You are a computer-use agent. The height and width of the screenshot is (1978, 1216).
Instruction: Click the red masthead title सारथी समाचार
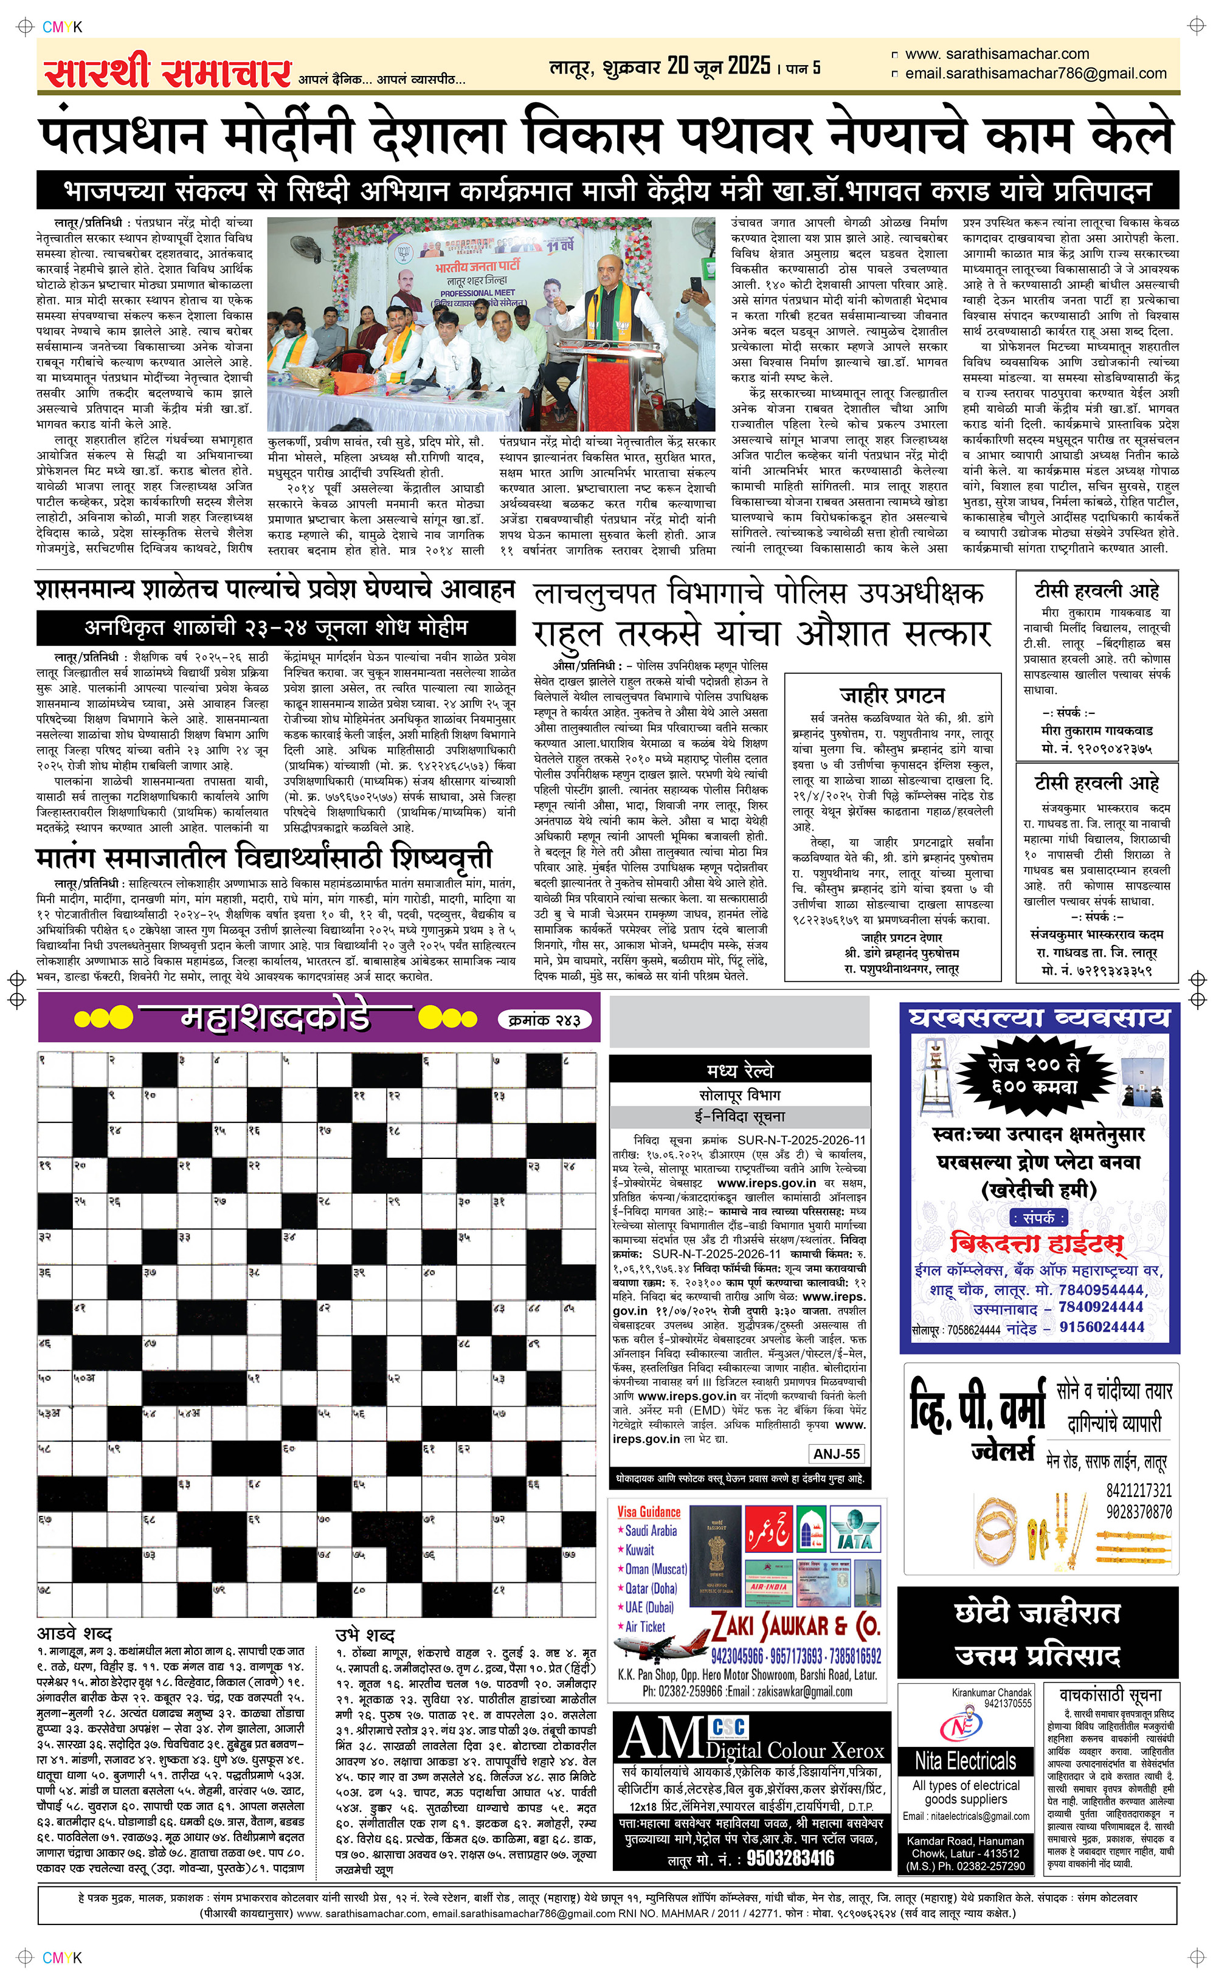tap(167, 72)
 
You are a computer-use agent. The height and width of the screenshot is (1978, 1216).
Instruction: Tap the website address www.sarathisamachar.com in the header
tap(997, 54)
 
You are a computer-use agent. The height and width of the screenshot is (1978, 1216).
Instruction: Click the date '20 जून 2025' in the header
tap(718, 66)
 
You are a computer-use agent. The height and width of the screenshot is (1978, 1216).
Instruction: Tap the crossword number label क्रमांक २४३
tap(545, 1020)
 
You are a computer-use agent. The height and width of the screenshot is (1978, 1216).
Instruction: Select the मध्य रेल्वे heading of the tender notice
tap(739, 1070)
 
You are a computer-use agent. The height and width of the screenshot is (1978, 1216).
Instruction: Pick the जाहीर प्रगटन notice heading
tap(892, 695)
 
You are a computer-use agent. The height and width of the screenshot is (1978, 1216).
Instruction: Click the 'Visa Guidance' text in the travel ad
tap(648, 1512)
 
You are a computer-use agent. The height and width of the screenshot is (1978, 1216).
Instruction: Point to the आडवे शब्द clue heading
tap(75, 1633)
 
